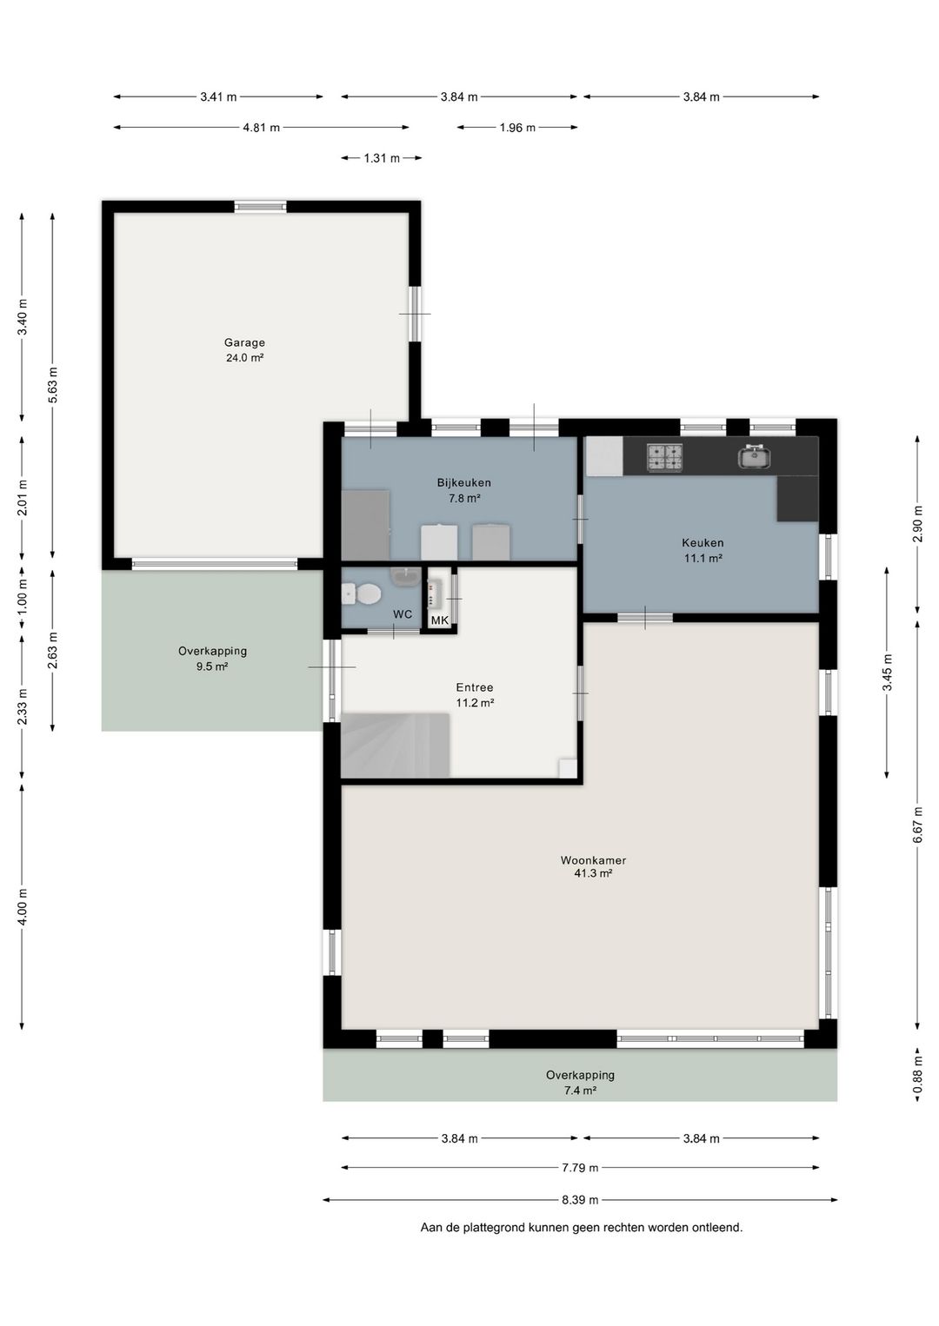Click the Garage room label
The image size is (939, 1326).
pos(244,342)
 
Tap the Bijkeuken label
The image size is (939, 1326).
pos(464,482)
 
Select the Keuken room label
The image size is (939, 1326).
pos(703,542)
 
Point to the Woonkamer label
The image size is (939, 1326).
pos(593,859)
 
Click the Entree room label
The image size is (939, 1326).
pos(475,687)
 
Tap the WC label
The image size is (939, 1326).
pos(403,614)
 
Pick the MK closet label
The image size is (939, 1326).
pos(440,620)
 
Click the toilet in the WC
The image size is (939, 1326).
pos(362,593)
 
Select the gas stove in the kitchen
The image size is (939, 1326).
pos(664,458)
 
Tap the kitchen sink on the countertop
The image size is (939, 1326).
pos(754,456)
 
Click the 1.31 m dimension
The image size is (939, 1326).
pos(382,158)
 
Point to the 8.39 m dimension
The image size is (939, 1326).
pos(580,1200)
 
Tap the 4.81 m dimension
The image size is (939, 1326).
pos(261,127)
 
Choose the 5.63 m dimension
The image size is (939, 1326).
pos(53,385)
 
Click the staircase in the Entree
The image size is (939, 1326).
pos(395,746)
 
